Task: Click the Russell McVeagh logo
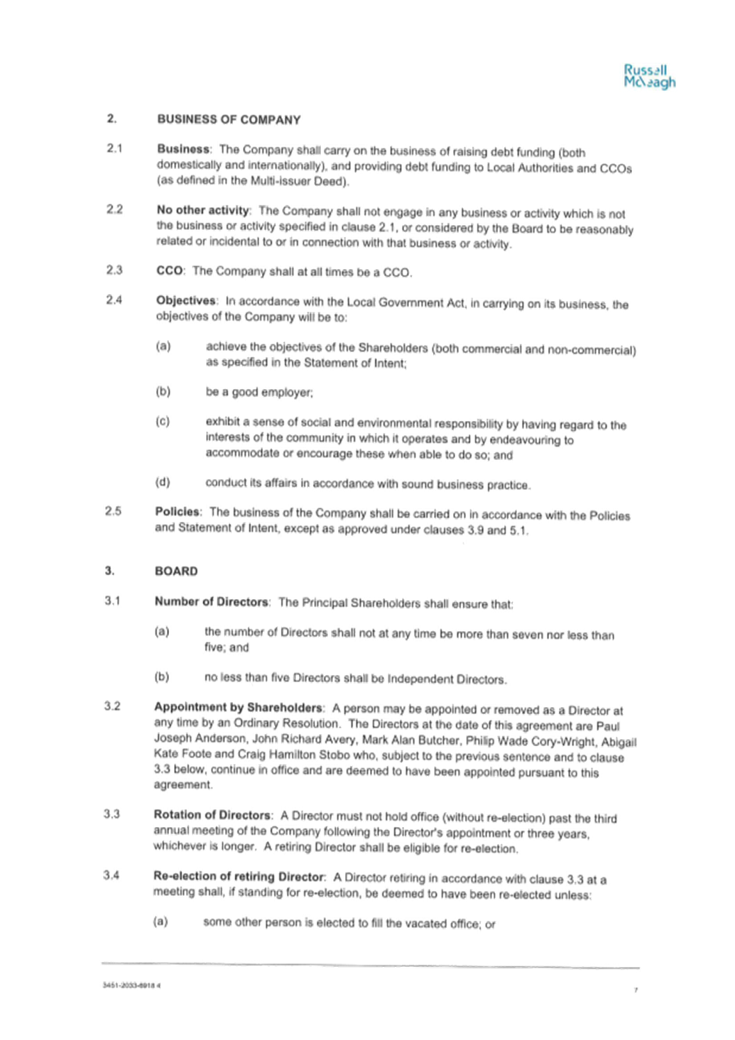[x=649, y=77]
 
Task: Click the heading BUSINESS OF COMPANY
[x=229, y=120]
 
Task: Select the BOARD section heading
[x=176, y=571]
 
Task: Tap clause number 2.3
[x=114, y=270]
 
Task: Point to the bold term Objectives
[x=186, y=301]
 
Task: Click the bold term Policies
[x=178, y=512]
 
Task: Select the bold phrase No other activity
[x=203, y=210]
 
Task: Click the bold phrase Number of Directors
[x=211, y=602]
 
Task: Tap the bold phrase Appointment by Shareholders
[x=238, y=707]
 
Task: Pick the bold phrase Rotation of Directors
[x=212, y=815]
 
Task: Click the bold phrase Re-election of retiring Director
[x=239, y=876]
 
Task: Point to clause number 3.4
[x=111, y=875]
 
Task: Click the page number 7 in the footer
[x=636, y=990]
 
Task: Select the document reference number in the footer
[x=132, y=985]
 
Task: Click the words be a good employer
[x=259, y=393]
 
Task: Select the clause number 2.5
[x=114, y=511]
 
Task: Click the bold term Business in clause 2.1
[x=183, y=149]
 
